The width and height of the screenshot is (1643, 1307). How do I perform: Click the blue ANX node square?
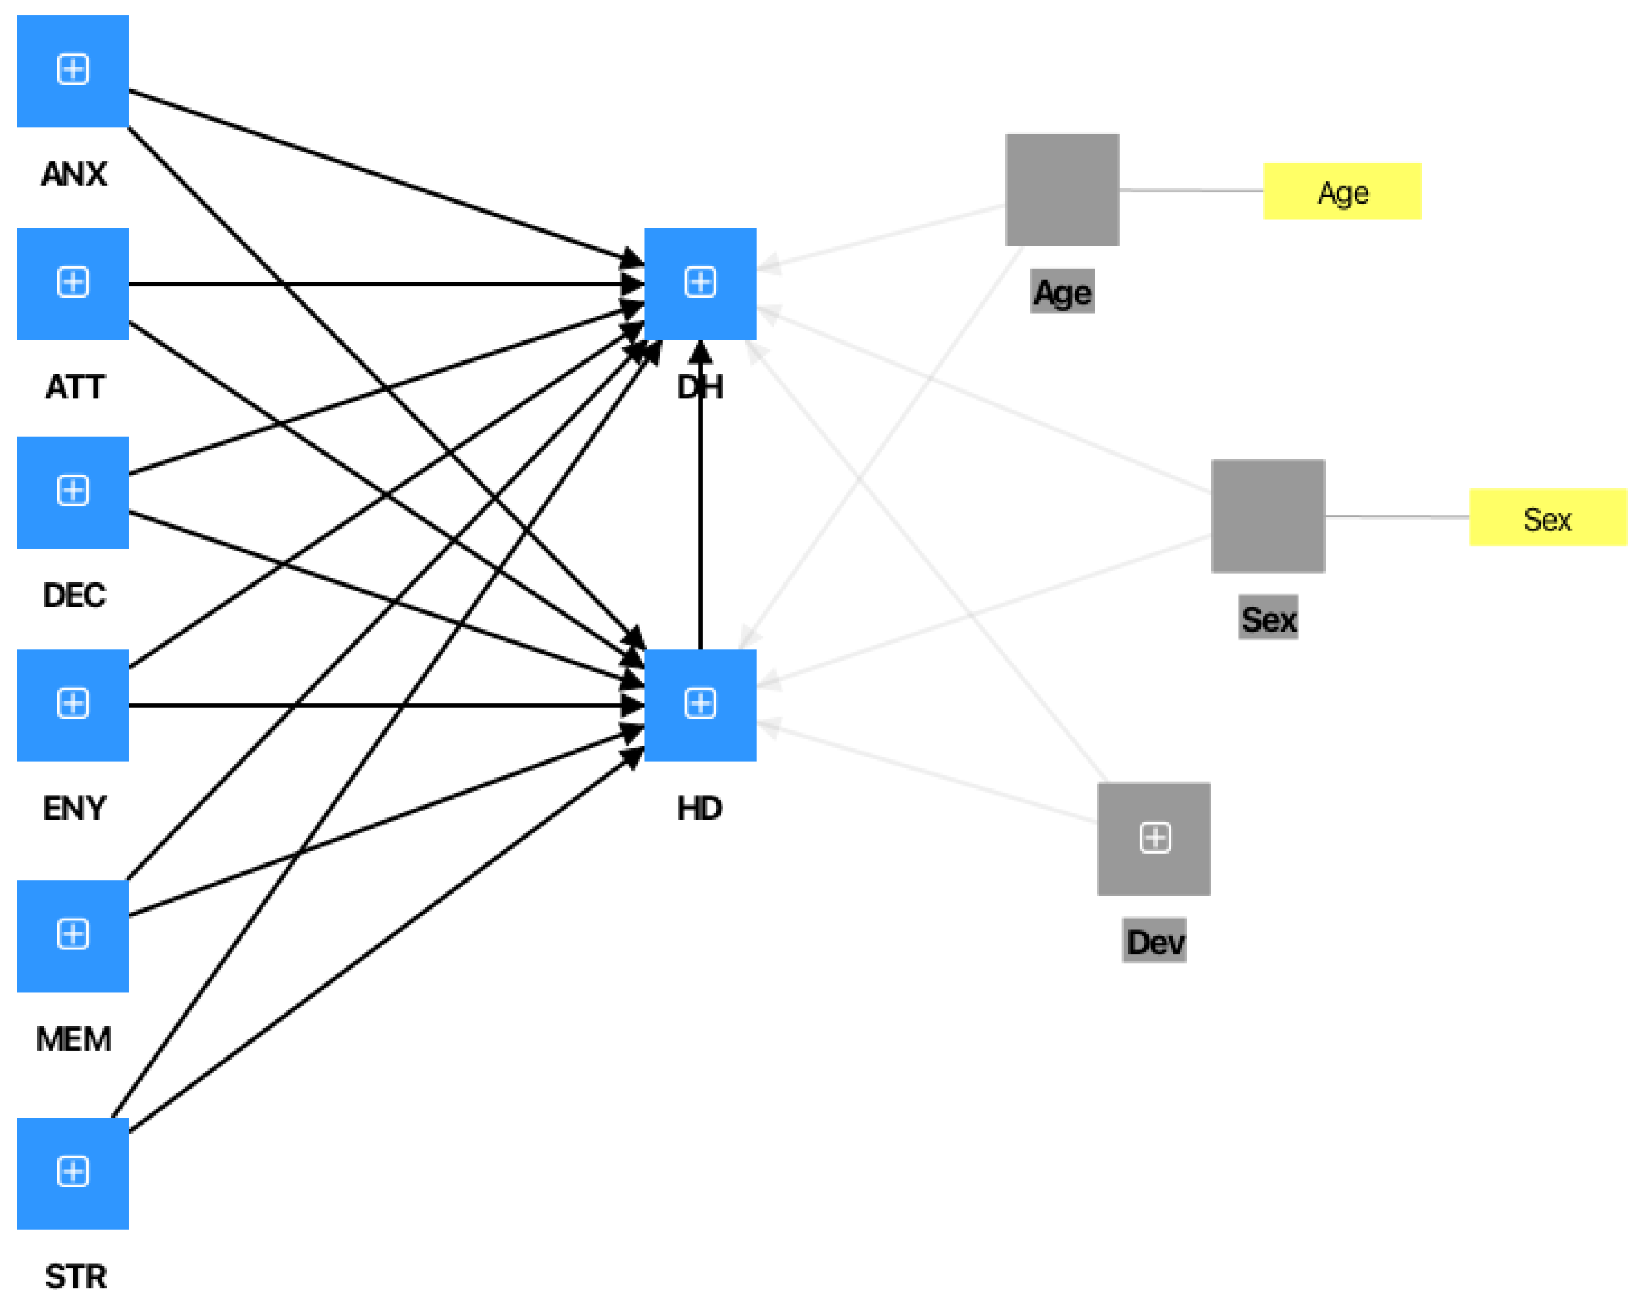72,71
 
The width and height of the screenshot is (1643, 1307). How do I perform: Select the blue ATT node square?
72,284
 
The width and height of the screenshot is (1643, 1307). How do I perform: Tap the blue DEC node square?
72,492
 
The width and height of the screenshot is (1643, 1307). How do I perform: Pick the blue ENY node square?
72,705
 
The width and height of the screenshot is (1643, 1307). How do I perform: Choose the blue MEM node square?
72,936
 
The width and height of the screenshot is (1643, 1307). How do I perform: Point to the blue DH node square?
700,284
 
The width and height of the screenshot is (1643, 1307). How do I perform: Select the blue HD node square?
700,705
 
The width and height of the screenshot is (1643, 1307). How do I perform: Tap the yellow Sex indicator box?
1547,517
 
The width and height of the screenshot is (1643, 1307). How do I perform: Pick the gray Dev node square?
1154,839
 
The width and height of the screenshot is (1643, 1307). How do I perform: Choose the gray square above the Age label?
1062,190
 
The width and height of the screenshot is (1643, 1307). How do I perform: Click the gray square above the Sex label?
1267,516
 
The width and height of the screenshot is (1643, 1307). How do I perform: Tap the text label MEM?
74,1039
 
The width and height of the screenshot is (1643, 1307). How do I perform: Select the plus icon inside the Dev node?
1155,838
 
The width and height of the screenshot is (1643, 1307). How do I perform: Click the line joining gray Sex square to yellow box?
1396,517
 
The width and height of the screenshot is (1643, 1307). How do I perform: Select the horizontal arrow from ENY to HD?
381,706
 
